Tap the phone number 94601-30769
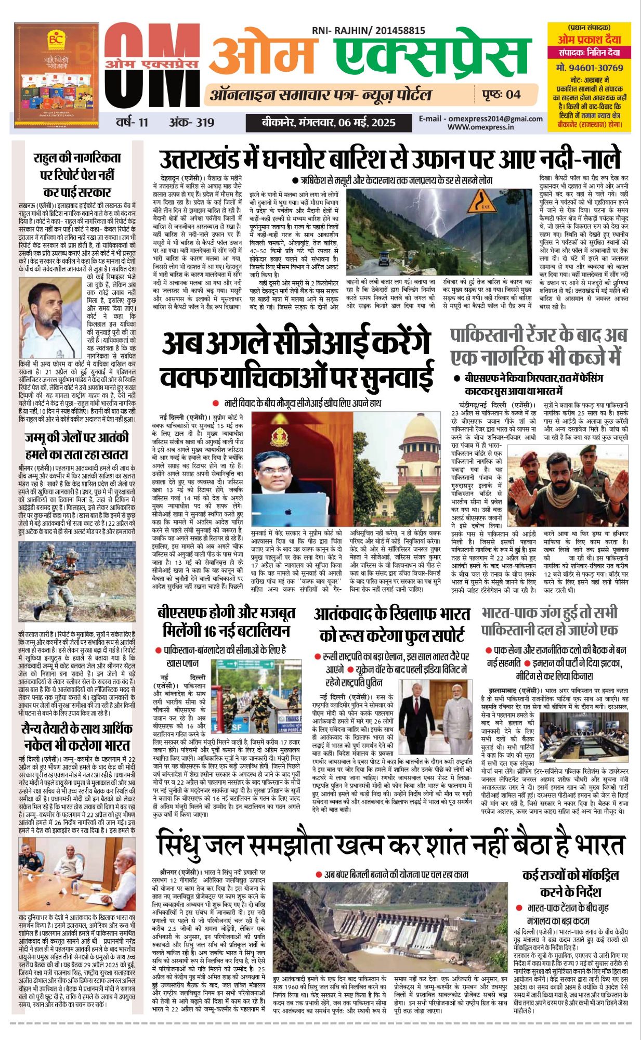click(x=589, y=68)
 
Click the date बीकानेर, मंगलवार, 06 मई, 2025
click(x=328, y=123)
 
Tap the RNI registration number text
click(x=368, y=31)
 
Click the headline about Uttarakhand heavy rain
click(x=390, y=157)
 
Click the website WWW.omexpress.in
click(x=480, y=127)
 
